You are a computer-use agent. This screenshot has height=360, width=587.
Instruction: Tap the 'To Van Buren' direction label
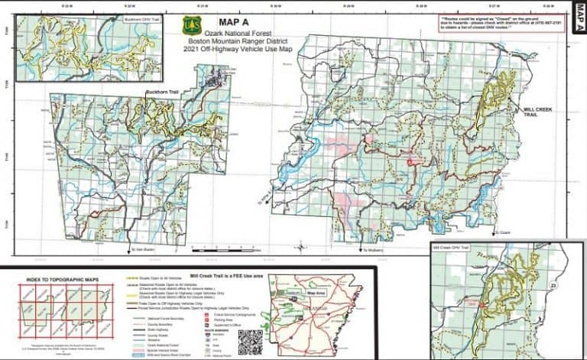pyautogui.click(x=143, y=249)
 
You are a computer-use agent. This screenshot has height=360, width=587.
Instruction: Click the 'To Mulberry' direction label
pyautogui.click(x=374, y=249)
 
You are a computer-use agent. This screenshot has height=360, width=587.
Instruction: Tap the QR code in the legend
pyautogui.click(x=250, y=340)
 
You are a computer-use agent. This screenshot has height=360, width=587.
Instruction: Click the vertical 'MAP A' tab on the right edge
pyautogui.click(x=578, y=30)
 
